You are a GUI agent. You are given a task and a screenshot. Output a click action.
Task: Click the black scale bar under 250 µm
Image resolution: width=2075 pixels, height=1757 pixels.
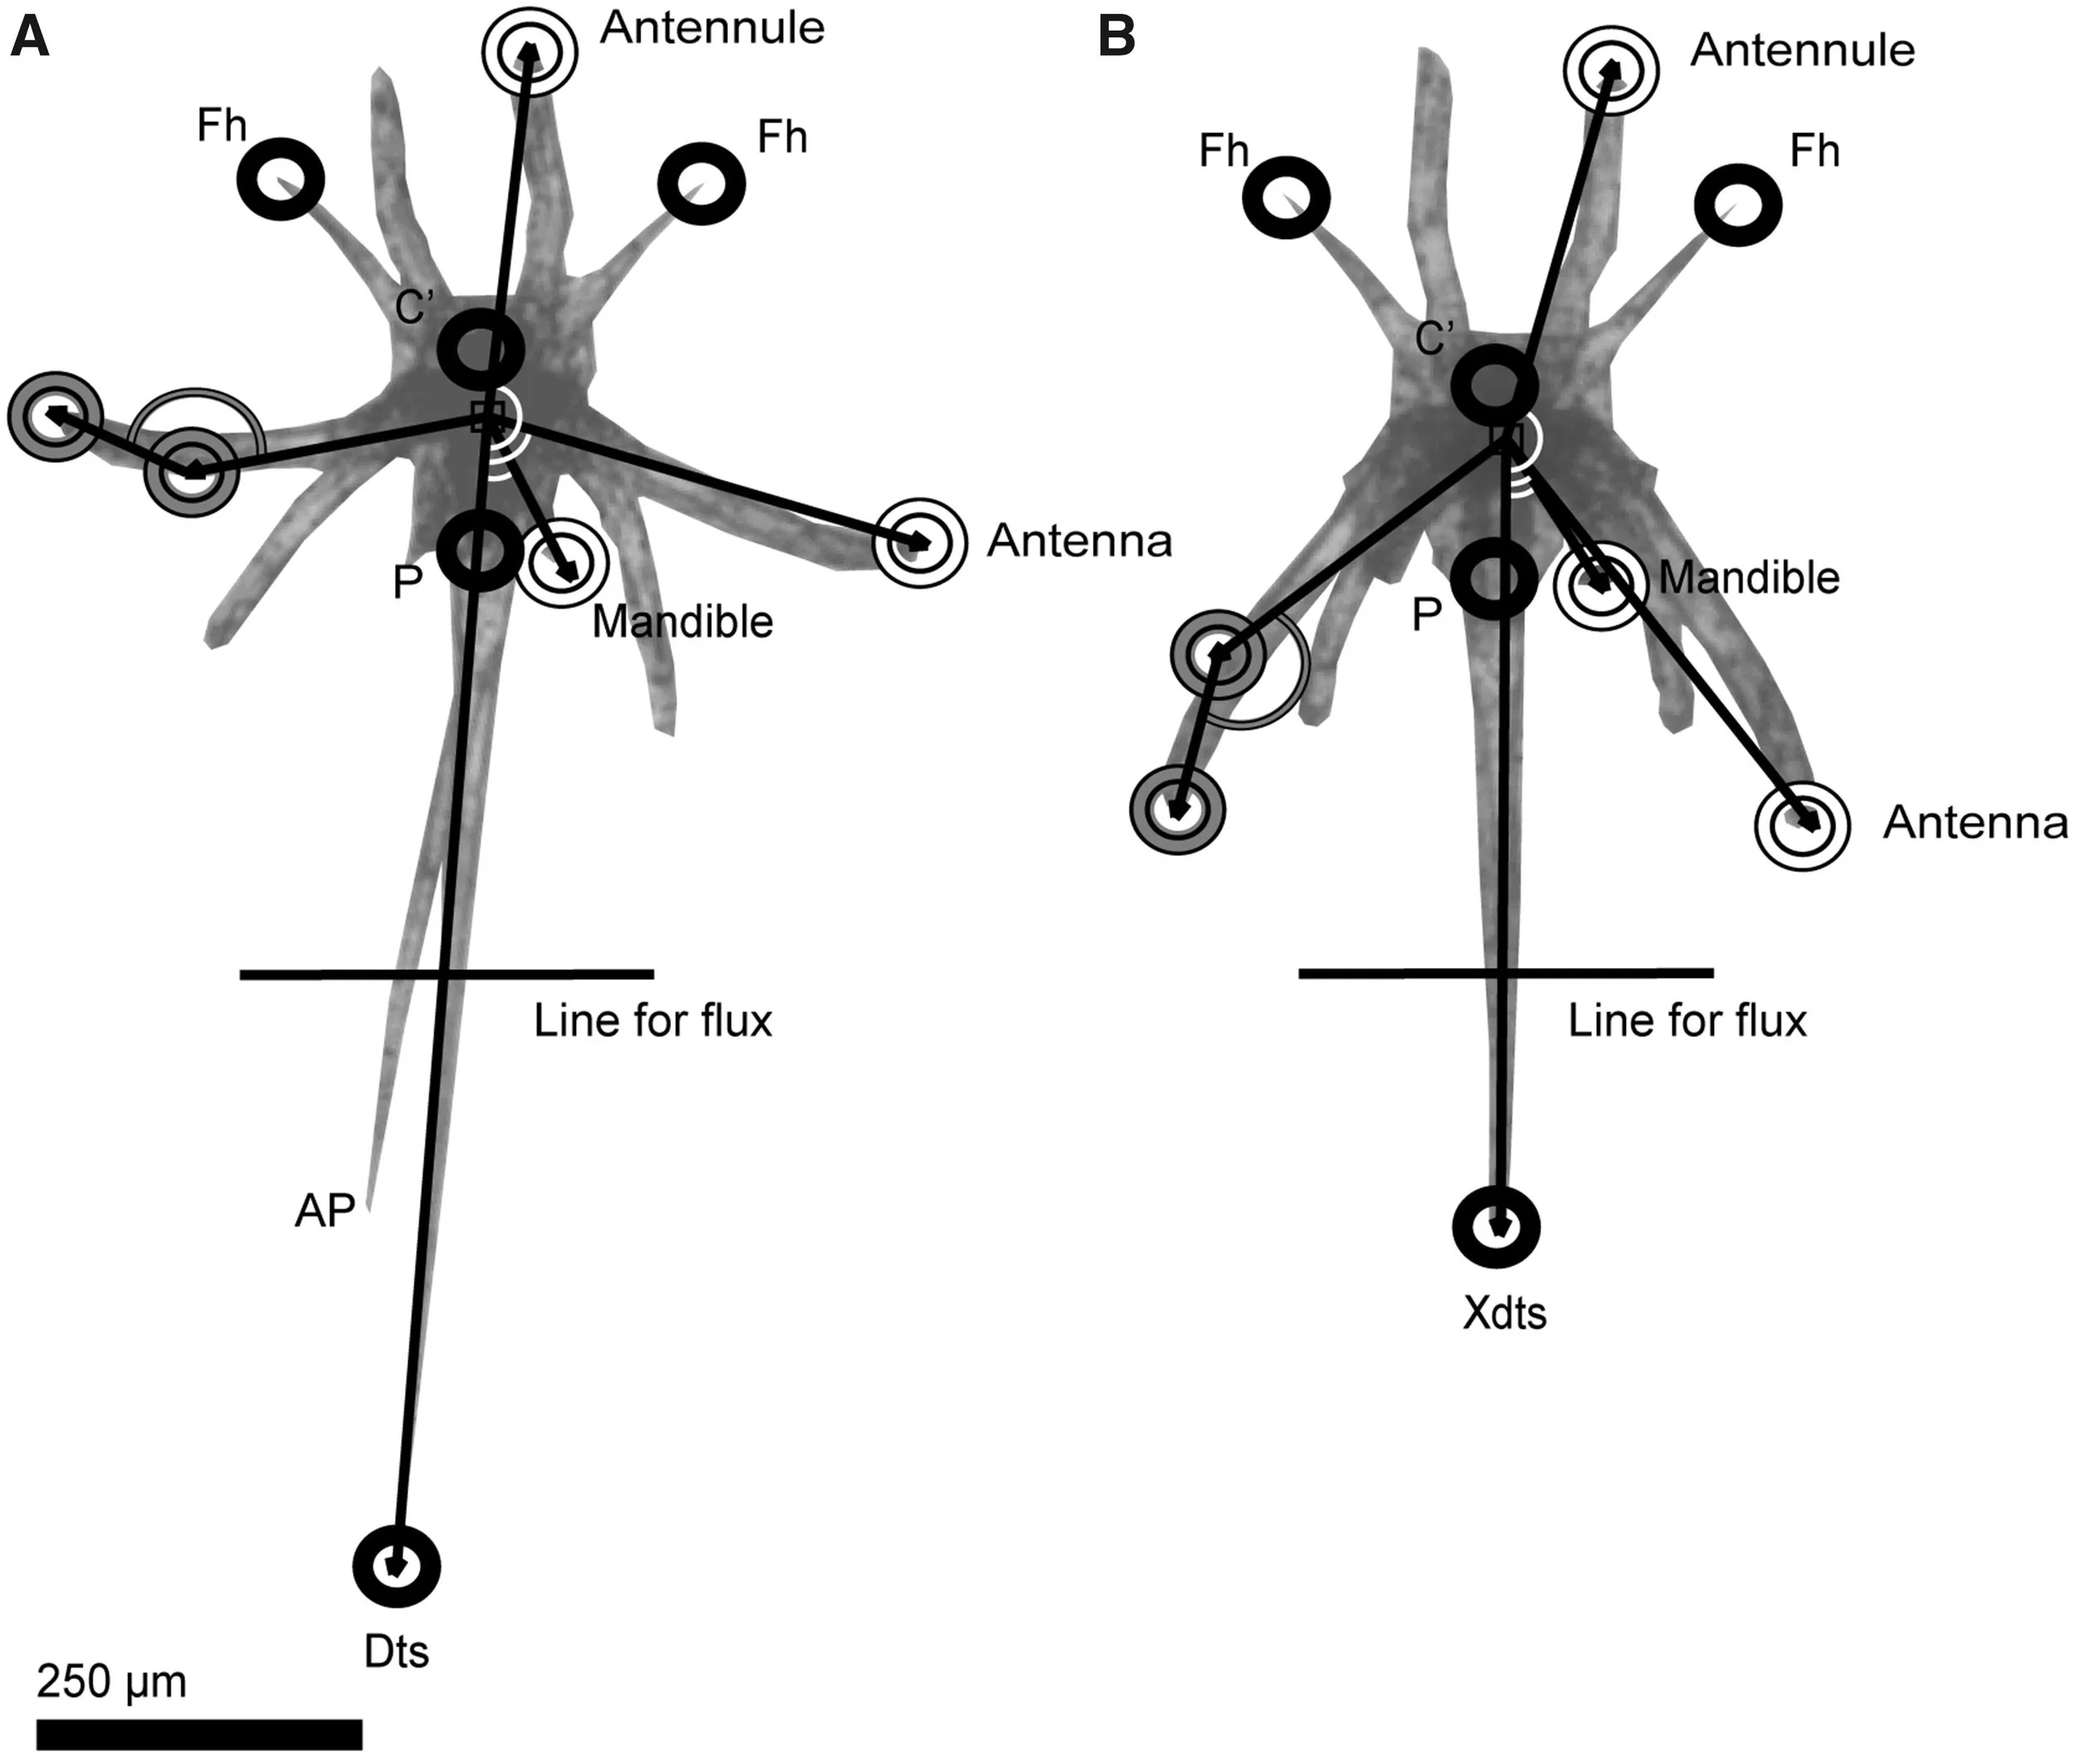pyautogui.click(x=199, y=1733)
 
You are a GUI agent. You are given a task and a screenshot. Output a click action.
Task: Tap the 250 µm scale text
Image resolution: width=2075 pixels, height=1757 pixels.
pyautogui.click(x=111, y=1681)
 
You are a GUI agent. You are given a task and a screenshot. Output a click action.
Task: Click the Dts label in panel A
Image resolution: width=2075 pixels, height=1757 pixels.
pyautogui.click(x=396, y=1652)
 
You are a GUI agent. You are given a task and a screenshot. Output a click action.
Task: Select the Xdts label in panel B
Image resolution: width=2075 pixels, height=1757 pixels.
pyautogui.click(x=1505, y=1313)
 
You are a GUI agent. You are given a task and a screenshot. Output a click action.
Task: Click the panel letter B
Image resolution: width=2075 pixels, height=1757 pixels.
pyautogui.click(x=1116, y=38)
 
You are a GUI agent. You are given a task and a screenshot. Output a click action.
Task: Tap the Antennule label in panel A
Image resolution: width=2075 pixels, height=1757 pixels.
pyautogui.click(x=712, y=28)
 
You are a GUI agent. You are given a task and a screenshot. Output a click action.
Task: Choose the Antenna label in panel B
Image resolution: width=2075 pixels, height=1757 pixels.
pyautogui.click(x=1975, y=823)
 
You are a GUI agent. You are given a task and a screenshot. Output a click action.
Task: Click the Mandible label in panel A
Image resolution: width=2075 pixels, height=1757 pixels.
pyautogui.click(x=683, y=622)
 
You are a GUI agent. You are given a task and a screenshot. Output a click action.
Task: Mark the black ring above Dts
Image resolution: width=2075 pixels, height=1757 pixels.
pyautogui.click(x=396, y=1566)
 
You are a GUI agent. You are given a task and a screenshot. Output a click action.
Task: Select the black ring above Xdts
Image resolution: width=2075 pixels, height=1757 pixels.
pyautogui.click(x=1496, y=1227)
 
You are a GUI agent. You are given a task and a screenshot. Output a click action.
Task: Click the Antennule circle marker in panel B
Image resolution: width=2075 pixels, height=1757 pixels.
pyautogui.click(x=1610, y=71)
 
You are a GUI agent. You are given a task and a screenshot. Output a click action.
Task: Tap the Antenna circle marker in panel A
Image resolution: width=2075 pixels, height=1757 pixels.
pyautogui.click(x=919, y=543)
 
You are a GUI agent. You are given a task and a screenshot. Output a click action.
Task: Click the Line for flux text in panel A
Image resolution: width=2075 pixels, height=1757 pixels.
pyautogui.click(x=653, y=1021)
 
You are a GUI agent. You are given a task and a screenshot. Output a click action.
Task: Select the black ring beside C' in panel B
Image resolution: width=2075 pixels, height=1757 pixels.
pyautogui.click(x=1493, y=385)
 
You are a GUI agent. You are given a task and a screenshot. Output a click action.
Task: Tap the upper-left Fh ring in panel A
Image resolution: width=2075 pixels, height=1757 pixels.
pyautogui.click(x=281, y=179)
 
